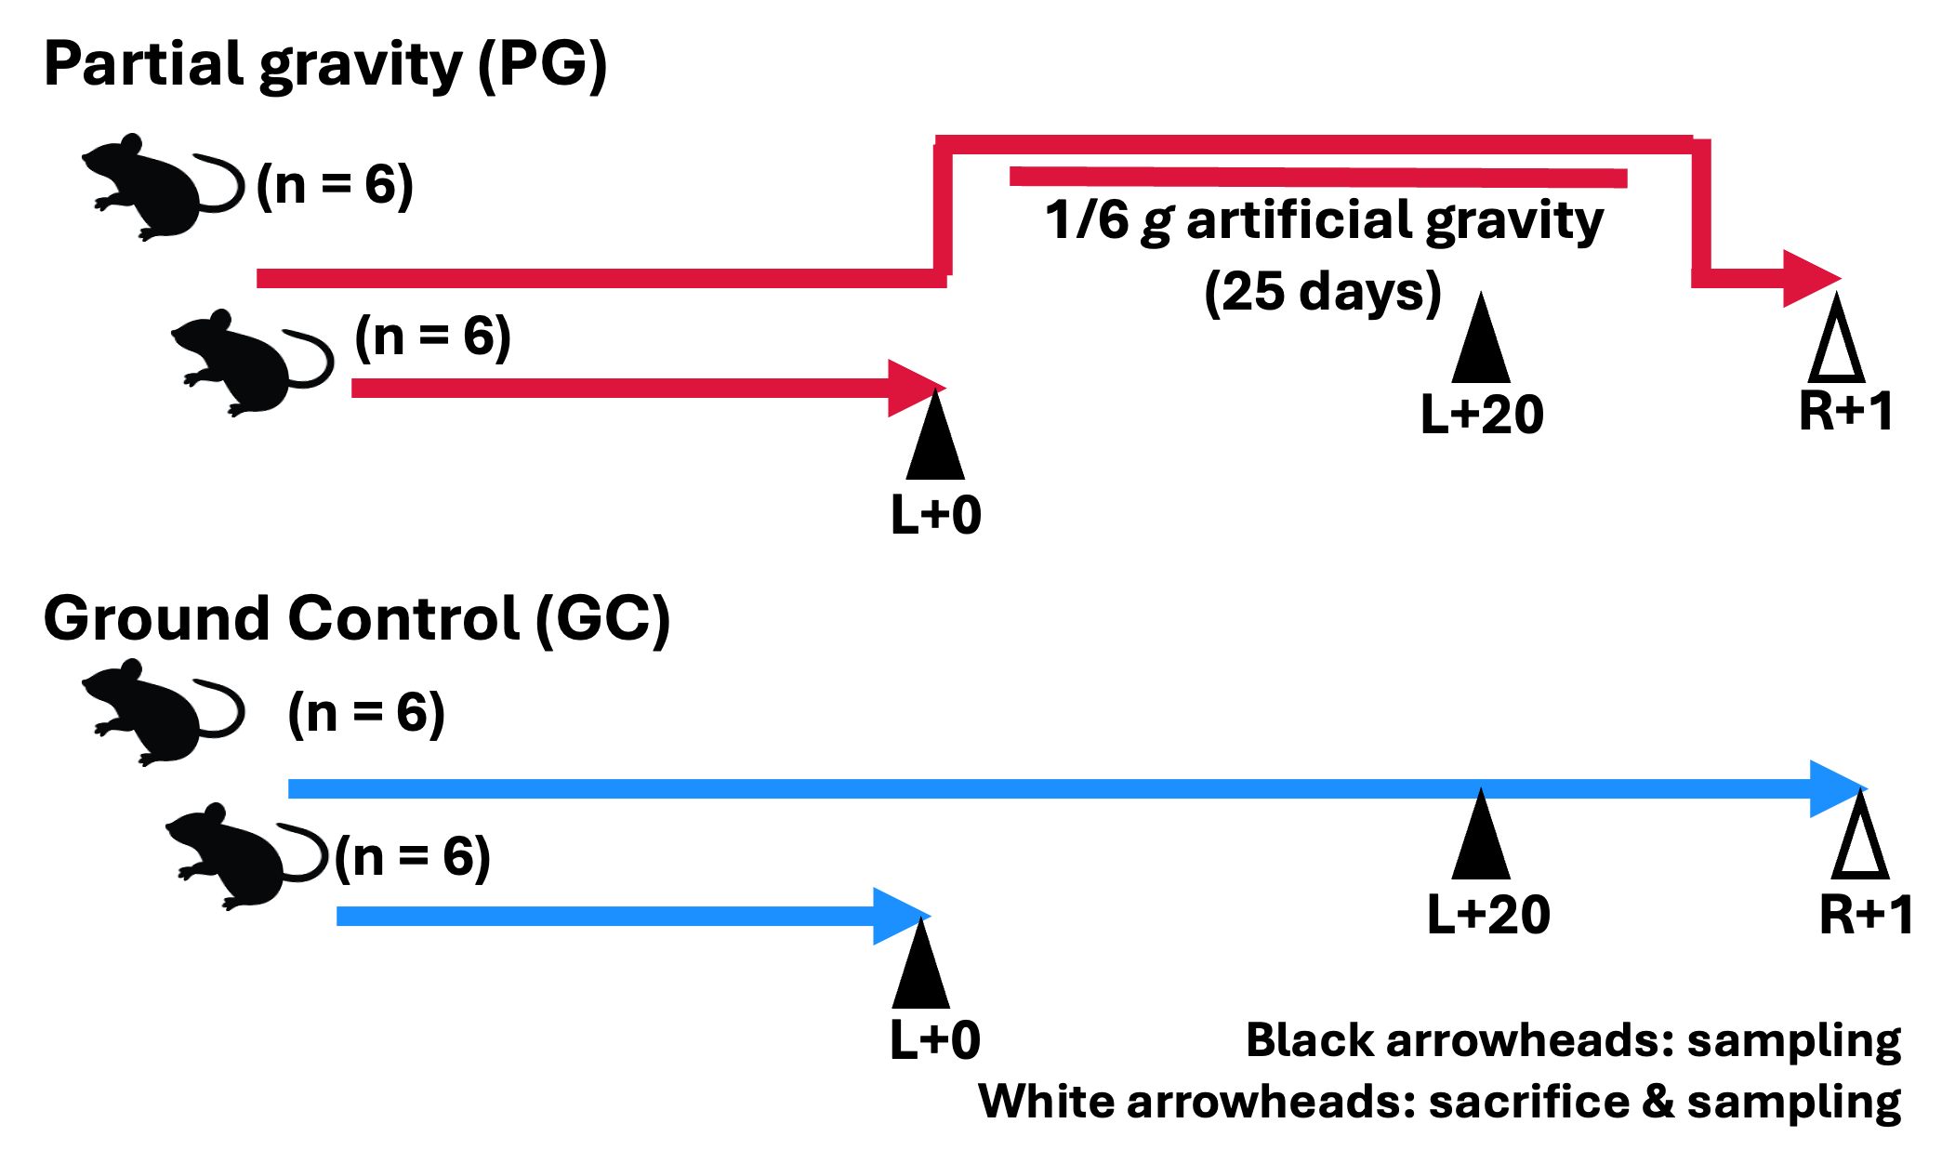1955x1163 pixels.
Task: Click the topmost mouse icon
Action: [x=163, y=187]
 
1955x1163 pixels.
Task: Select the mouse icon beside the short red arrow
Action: [x=252, y=363]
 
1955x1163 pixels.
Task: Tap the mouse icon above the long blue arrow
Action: [x=163, y=712]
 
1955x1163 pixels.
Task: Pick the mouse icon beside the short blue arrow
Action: [x=246, y=856]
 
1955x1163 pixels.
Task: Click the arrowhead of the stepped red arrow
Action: [x=1810, y=278]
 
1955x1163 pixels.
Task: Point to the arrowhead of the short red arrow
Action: [x=915, y=388]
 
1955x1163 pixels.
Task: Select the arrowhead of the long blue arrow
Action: [x=1837, y=789]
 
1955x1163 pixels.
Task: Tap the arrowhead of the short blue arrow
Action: [x=900, y=917]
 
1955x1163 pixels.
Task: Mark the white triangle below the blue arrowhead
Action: [x=1860, y=846]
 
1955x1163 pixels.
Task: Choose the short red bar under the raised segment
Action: [x=1318, y=178]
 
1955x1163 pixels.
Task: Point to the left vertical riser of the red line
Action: [x=943, y=209]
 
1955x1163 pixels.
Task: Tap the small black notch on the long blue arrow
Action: [x=1481, y=794]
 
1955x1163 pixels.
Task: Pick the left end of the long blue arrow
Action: [x=294, y=789]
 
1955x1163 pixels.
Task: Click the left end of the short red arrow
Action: [x=357, y=388]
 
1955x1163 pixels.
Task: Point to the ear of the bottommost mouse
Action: [x=215, y=813]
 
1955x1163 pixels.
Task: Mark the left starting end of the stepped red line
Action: [x=262, y=278]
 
